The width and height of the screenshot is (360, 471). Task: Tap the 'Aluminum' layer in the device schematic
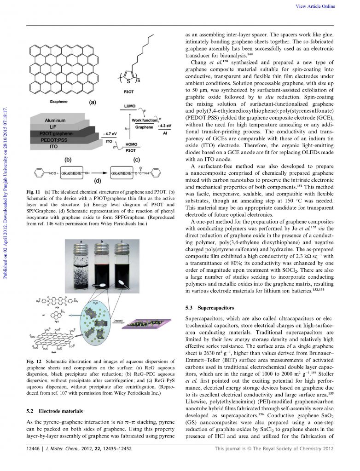point(55,121)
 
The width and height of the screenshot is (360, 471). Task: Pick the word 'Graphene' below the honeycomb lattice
point(58,100)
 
